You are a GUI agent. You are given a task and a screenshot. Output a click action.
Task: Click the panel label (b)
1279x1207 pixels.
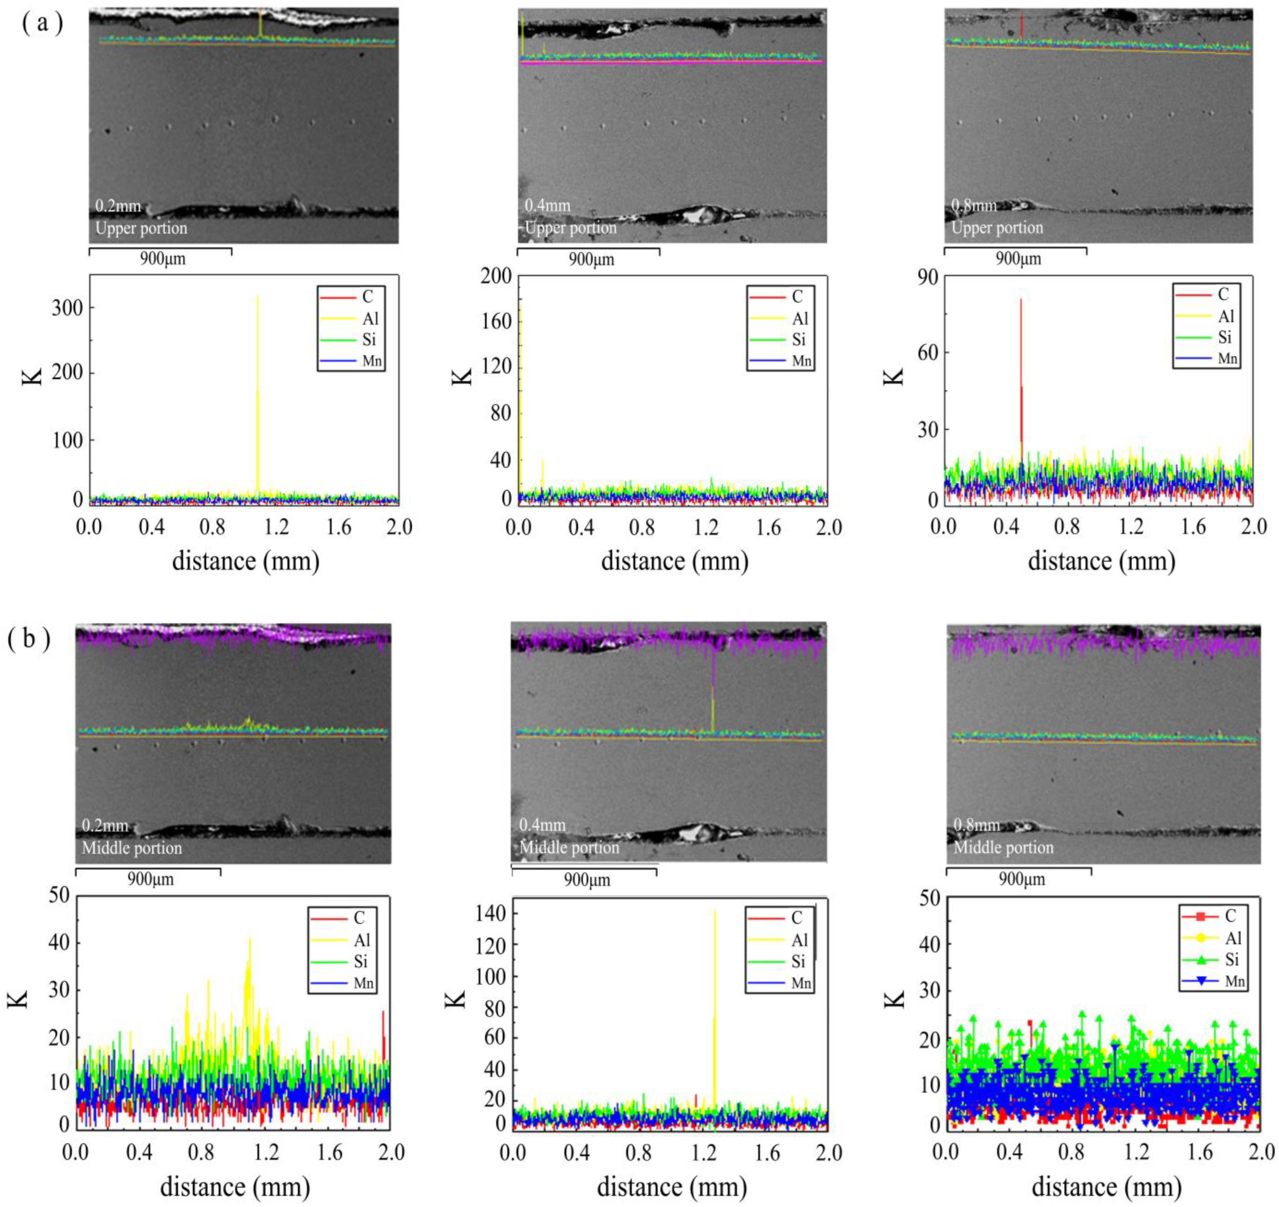coord(29,641)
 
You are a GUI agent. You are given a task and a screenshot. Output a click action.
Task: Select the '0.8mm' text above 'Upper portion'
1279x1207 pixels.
coord(974,206)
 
